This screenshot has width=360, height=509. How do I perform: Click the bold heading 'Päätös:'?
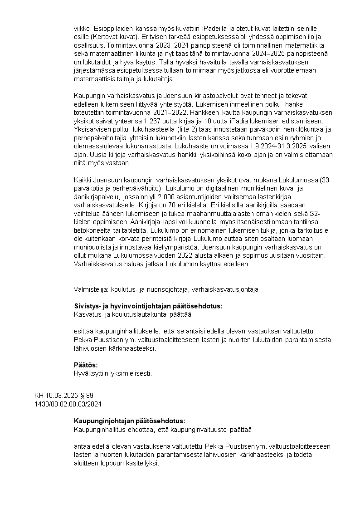(86, 365)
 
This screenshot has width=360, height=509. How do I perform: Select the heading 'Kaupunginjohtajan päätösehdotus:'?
(130, 421)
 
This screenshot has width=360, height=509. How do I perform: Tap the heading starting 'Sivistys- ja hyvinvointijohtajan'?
(148, 306)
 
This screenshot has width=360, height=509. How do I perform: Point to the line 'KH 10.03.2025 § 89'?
(64, 396)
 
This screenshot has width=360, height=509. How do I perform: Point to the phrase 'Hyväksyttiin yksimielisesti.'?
(112, 373)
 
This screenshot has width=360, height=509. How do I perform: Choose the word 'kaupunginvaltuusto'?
(199, 429)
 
